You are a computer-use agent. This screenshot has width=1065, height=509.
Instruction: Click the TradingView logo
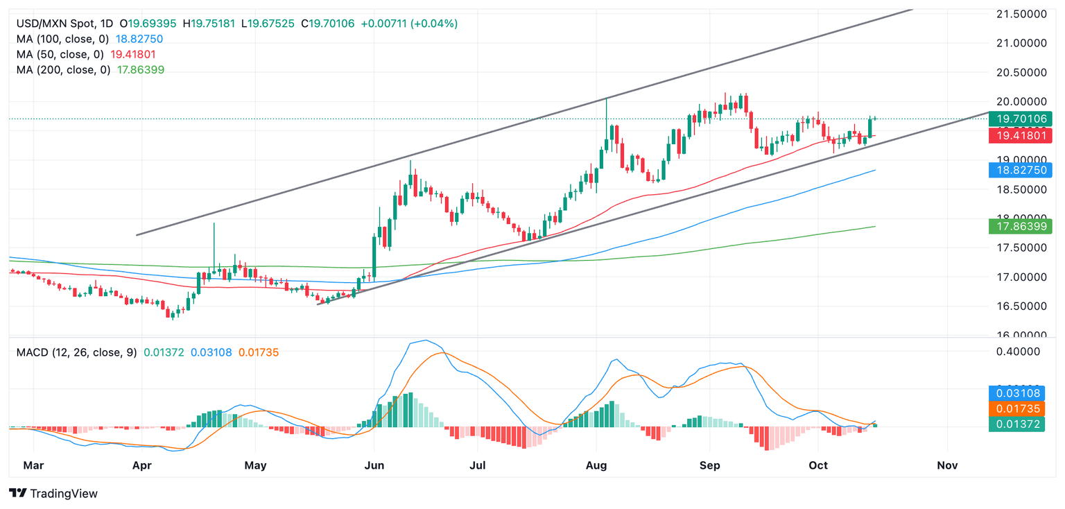click(x=53, y=493)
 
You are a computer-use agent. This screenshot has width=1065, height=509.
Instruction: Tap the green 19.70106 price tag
click(x=1021, y=119)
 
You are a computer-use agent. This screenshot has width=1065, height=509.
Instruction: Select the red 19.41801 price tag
click(x=1021, y=136)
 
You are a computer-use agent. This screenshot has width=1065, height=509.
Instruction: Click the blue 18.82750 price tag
click(x=1021, y=169)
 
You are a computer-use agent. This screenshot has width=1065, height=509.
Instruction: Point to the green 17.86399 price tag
click(x=1021, y=226)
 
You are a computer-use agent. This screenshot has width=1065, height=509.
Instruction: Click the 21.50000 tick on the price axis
click(x=1021, y=14)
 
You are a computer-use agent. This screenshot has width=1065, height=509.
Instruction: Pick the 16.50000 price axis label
click(x=1021, y=306)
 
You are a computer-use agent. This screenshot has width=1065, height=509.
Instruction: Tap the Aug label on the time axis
click(x=596, y=466)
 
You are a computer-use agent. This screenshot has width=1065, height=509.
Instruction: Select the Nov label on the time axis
click(x=947, y=466)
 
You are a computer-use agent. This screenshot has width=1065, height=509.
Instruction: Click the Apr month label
click(x=142, y=466)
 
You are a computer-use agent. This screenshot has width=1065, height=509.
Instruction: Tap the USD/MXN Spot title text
click(x=46, y=24)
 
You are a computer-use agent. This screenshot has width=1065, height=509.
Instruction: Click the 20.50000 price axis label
click(x=1021, y=72)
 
